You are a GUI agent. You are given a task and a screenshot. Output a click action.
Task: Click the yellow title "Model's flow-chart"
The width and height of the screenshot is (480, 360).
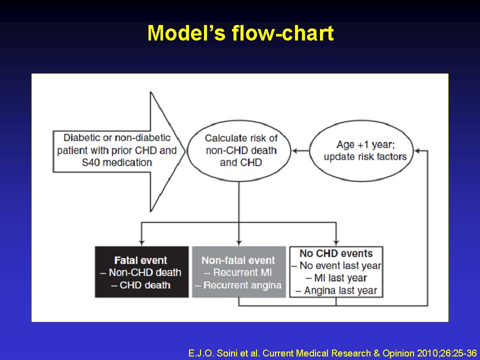pos(240,33)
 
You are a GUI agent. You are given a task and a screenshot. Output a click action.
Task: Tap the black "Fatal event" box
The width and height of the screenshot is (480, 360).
pos(141,272)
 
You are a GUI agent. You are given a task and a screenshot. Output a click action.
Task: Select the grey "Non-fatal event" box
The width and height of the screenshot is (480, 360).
pos(239,272)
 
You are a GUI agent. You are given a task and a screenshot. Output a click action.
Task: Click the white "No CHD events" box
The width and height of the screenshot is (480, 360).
pos(336,272)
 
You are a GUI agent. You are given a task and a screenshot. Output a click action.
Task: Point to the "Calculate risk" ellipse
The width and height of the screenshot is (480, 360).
pos(239,150)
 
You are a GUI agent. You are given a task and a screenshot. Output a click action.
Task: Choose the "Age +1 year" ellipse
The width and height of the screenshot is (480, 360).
pos(361,150)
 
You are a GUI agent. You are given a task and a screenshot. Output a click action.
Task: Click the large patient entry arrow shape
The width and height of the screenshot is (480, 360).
pos(119,151)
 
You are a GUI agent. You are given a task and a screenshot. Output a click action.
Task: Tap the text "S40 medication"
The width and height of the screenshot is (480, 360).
pos(117,162)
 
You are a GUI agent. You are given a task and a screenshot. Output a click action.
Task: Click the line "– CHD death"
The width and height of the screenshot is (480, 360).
pos(140,285)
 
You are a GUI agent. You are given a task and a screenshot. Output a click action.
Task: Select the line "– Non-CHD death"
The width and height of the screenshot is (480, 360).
pos(141,272)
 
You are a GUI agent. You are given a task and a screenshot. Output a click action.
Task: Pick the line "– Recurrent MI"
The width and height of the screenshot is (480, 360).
pos(238,272)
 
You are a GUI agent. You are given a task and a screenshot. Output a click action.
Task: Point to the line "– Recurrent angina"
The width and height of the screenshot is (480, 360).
pos(238,285)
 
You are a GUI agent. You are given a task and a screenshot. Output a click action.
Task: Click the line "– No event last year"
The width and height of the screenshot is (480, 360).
pos(336,265)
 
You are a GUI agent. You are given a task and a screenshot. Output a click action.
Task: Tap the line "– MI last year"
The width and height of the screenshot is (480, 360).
pos(336,278)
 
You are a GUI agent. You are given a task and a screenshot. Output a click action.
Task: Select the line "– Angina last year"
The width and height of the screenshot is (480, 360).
pos(336,290)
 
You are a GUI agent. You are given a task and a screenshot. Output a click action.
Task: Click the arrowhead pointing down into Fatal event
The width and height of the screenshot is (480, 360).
pos(141,243)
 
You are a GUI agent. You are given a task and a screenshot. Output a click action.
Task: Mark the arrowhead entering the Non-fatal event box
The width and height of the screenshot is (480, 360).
pos(239,243)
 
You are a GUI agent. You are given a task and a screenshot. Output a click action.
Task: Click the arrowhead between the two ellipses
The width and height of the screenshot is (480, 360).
pos(294,150)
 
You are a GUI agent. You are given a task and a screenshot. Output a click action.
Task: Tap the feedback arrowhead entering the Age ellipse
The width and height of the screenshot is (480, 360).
pos(416,150)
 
